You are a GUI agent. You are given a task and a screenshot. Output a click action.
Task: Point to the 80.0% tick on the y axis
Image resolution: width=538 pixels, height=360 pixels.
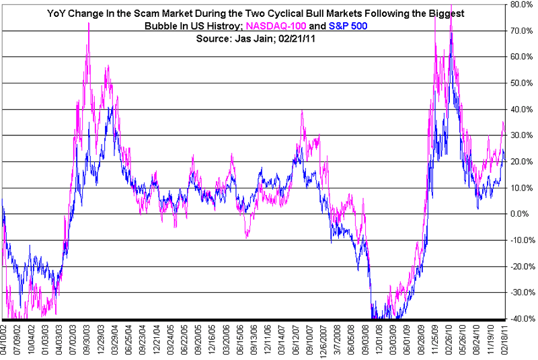523,5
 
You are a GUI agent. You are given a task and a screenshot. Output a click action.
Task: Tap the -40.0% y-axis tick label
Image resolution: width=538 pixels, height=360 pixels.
523,319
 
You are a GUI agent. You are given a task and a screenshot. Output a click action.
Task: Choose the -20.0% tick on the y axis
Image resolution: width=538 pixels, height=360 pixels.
523,266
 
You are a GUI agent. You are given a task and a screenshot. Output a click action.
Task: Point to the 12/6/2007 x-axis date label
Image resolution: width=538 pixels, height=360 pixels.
324,340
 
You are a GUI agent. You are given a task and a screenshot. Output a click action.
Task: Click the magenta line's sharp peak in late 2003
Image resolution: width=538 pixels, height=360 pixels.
89,24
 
